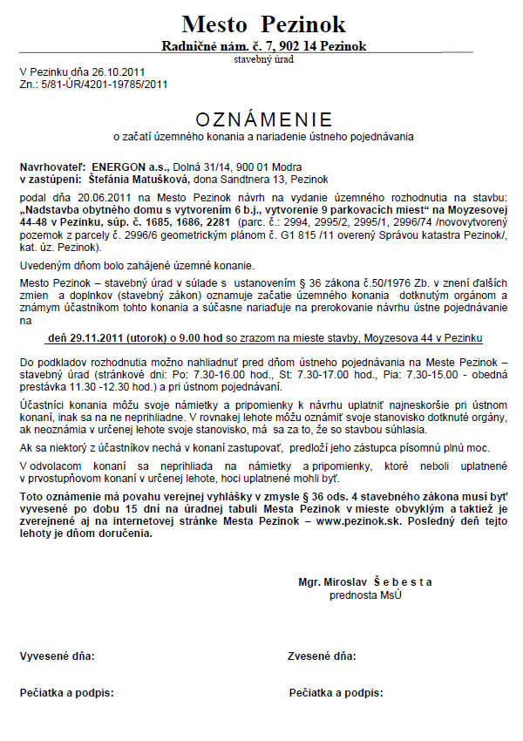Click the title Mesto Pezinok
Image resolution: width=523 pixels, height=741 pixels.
pos(264,24)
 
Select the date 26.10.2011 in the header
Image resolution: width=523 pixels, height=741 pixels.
pos(121,72)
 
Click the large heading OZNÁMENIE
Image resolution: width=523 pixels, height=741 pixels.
pos(264,119)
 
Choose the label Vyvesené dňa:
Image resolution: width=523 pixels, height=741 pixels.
pos(58,655)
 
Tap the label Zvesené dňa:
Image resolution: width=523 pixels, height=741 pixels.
pos(322,655)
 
